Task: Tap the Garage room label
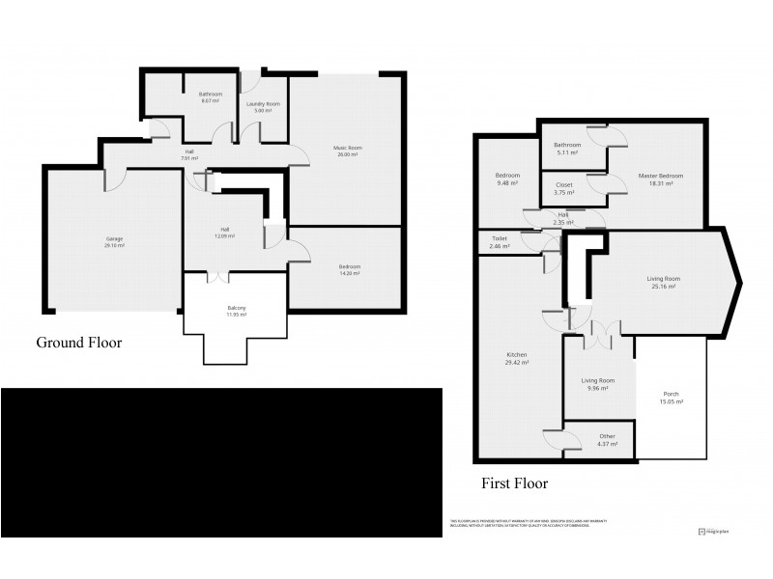(115, 238)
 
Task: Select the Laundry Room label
(263, 103)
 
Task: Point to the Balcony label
(236, 308)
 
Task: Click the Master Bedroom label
(661, 176)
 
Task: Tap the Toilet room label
(500, 239)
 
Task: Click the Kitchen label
(516, 355)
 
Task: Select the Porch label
(672, 395)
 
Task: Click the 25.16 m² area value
(662, 287)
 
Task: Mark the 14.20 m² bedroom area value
(349, 273)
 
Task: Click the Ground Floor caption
(78, 343)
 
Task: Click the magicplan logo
(715, 531)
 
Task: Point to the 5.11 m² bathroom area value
(566, 152)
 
